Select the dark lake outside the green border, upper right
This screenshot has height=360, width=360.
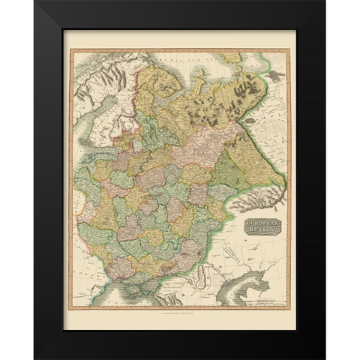pyautogui.click(x=274, y=78)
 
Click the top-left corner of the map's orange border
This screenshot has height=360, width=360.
pyautogui.click(x=70, y=49)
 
